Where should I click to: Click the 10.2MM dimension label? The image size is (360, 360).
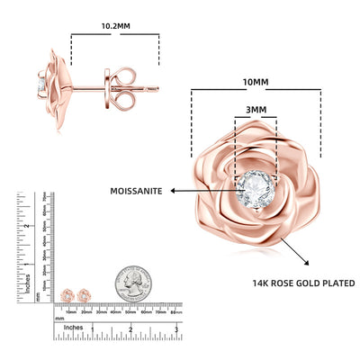pyautogui.click(x=114, y=27)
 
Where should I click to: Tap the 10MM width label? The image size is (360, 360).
pyautogui.click(x=256, y=82)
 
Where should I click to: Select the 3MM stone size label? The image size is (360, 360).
pyautogui.click(x=256, y=111)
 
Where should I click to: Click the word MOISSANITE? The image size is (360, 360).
pyautogui.click(x=136, y=191)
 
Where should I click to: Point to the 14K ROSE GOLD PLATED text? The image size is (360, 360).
pyautogui.click(x=302, y=283)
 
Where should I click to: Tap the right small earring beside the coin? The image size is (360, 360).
pyautogui.click(x=85, y=295)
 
